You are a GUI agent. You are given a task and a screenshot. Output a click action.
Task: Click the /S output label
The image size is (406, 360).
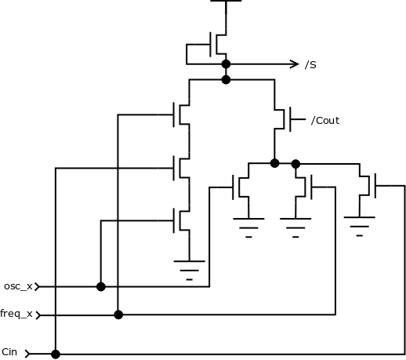click(310, 64)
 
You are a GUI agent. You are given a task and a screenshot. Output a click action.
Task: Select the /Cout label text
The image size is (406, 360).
click(325, 121)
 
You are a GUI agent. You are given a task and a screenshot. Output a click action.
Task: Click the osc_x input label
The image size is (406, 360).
click(18, 286)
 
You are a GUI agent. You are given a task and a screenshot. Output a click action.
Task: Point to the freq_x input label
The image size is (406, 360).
click(16, 314)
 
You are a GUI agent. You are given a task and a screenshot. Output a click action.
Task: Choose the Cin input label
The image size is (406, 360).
click(9, 352)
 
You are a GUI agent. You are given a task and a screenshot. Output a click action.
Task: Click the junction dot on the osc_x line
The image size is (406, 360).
click(101, 287)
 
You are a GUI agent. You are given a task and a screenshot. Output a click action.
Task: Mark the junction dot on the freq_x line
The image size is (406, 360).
click(118, 315)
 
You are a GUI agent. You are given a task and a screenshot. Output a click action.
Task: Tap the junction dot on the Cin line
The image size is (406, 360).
click(56, 354)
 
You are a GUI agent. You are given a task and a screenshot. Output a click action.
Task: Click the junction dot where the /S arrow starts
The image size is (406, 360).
click(226, 64)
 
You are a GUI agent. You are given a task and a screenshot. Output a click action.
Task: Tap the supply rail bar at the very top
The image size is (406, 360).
click(226, 2)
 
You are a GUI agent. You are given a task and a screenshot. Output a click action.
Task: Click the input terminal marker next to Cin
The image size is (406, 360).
click(28, 354)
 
